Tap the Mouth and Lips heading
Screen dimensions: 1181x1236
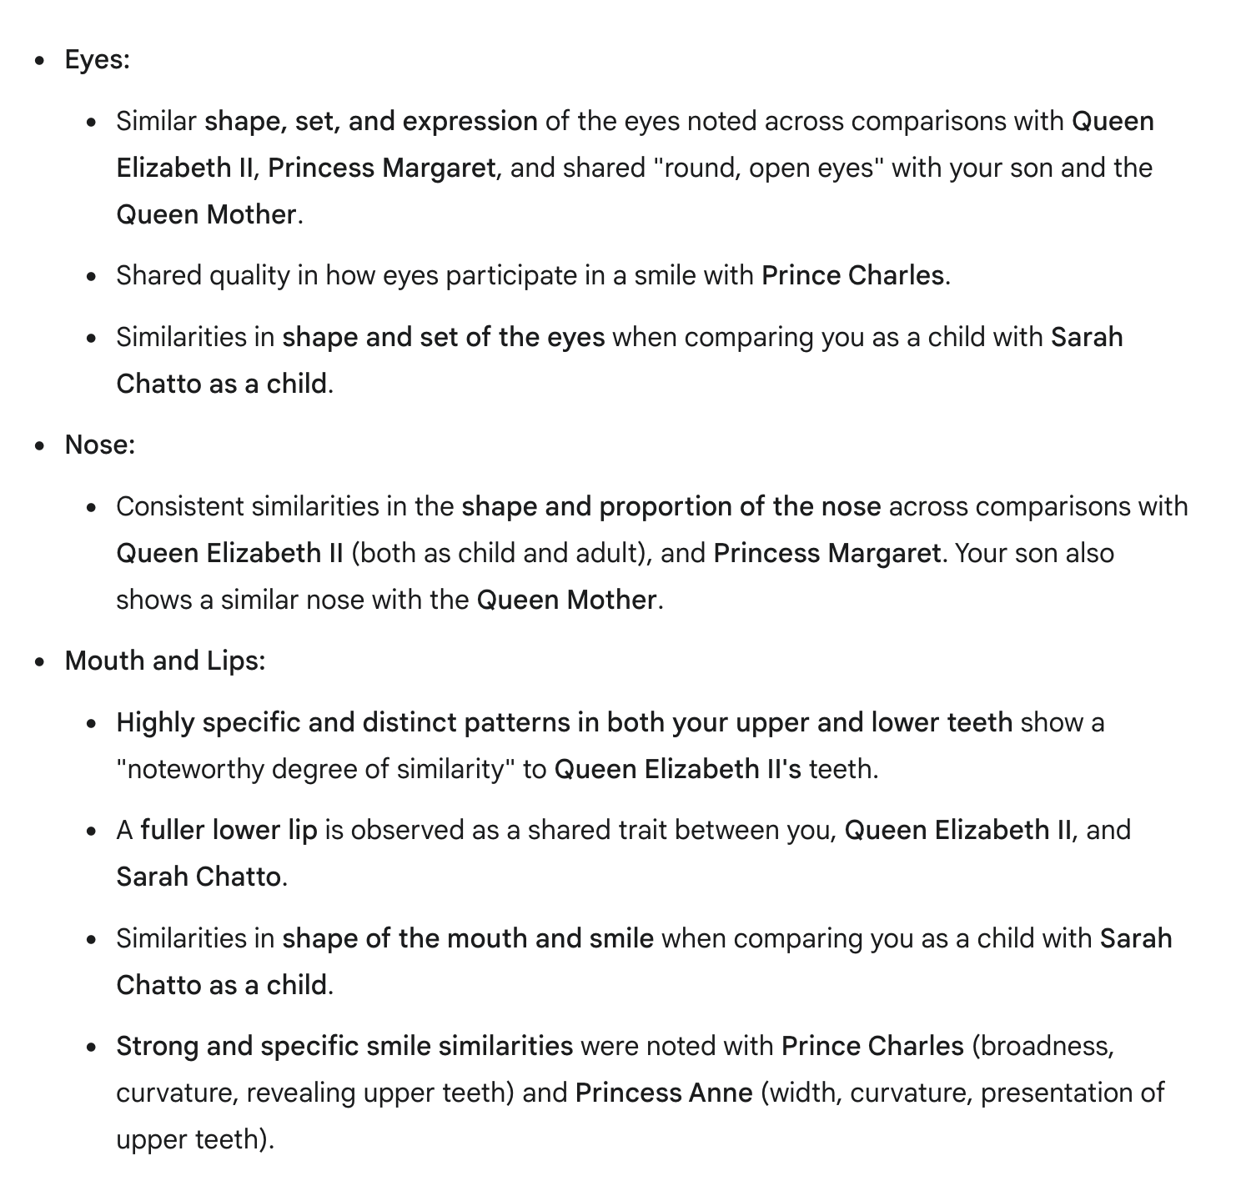tap(164, 661)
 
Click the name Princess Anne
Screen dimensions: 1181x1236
tap(664, 1093)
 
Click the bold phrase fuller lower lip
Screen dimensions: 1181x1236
tap(229, 831)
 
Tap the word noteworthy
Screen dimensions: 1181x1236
tap(198, 769)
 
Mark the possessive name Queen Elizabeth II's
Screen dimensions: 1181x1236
tap(677, 769)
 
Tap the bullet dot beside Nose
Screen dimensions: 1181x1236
tap(39, 446)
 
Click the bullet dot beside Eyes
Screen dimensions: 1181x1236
tap(39, 61)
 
